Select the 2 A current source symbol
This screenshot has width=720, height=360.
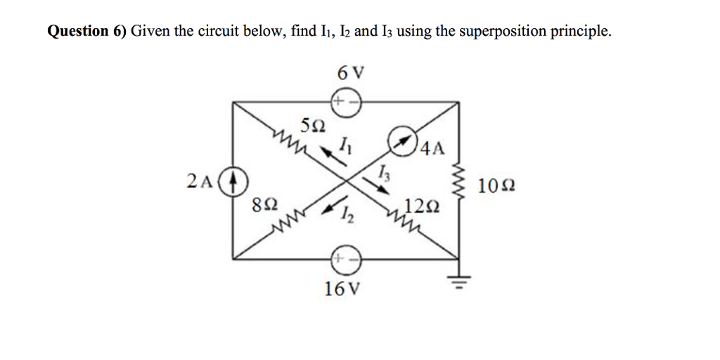[235, 181]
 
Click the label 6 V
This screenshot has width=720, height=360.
[350, 72]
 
